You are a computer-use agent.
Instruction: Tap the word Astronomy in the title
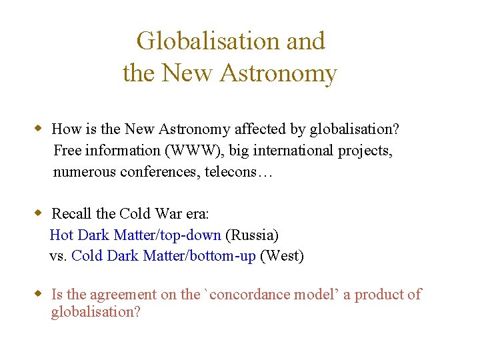278,73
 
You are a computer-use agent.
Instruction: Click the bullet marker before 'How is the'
39,128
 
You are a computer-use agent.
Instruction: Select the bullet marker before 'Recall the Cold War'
39,213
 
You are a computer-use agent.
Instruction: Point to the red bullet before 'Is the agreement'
39,294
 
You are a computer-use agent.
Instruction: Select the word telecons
231,172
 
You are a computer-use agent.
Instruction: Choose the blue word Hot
61,235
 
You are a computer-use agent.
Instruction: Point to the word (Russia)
253,235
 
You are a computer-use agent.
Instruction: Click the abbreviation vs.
58,256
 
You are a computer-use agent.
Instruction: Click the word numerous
84,172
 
